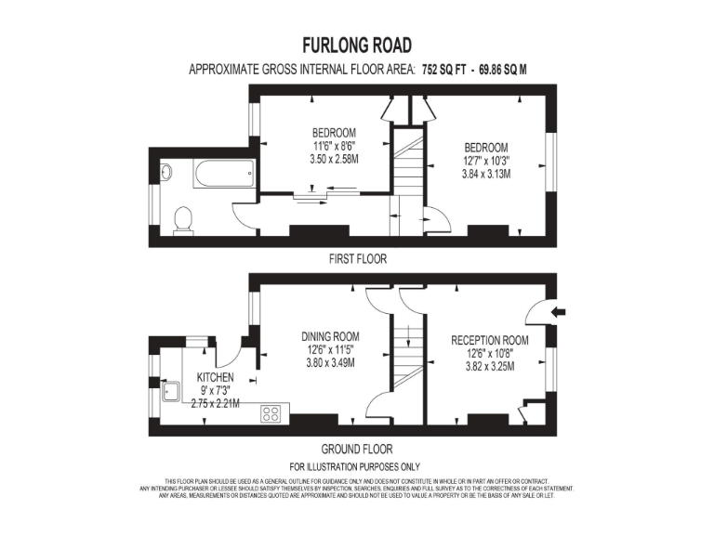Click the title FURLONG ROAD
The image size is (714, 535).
[357, 45]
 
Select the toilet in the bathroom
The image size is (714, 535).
[183, 220]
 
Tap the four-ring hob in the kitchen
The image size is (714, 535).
[271, 413]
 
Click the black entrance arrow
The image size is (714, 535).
[558, 312]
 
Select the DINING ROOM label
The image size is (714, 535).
[329, 337]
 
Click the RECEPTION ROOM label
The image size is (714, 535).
[490, 340]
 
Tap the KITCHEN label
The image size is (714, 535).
[215, 377]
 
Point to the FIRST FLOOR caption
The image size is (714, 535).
[358, 259]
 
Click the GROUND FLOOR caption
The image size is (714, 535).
[357, 447]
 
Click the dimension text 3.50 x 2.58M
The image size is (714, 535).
[334, 159]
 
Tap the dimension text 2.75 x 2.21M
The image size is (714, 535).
[215, 403]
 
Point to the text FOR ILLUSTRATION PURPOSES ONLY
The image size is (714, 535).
[355, 466]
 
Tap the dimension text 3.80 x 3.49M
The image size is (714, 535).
[329, 365]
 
